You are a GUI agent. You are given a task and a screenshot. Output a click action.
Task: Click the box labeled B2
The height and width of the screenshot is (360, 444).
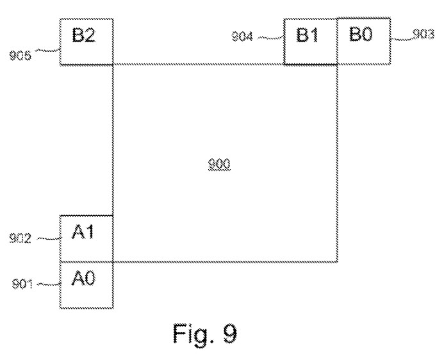coord(86,41)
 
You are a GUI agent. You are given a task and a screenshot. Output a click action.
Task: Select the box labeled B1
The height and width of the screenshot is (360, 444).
coord(310,41)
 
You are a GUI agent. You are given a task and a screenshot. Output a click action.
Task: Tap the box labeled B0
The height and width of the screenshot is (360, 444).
coord(363,41)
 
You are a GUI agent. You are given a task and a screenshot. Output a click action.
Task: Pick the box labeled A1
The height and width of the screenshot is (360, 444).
coord(86,238)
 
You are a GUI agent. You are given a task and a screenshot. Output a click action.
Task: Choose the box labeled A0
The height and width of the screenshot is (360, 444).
coord(86,284)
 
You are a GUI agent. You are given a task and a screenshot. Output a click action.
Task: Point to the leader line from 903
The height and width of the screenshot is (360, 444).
coord(400,38)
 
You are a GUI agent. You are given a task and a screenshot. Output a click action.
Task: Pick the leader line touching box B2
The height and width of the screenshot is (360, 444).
coord(48,51)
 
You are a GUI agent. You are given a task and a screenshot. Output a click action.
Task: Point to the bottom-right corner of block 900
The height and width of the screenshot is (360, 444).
coord(338,261)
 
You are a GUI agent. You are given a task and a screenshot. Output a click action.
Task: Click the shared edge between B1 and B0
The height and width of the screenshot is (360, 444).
coord(337,41)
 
